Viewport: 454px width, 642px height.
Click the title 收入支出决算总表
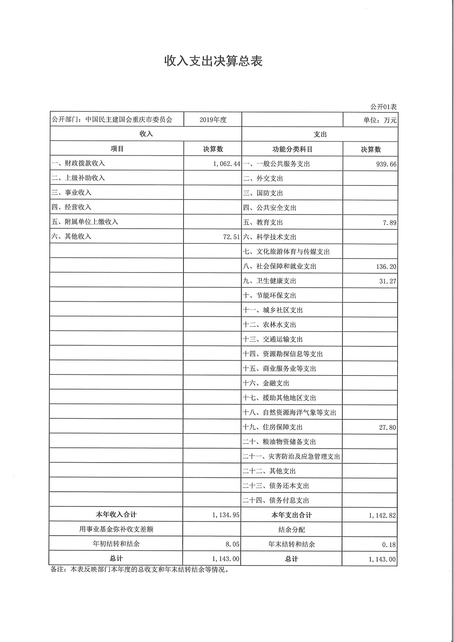point(213,61)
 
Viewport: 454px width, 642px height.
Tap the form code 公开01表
point(383,107)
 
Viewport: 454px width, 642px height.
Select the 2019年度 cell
point(213,120)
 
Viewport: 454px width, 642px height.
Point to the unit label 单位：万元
point(380,120)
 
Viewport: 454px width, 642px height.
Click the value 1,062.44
point(227,164)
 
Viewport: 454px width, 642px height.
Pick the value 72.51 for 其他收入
point(232,237)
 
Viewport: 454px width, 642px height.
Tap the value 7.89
point(389,223)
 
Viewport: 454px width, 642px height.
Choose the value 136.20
point(386,267)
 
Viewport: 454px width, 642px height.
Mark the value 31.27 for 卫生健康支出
point(387,281)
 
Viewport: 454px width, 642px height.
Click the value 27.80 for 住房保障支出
point(387,428)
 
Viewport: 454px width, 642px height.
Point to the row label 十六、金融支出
point(266,383)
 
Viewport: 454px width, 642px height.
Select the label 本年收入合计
point(116,515)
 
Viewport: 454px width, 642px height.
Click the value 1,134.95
point(226,515)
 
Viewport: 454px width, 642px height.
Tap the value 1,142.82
point(382,516)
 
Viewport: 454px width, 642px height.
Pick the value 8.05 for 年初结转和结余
point(232,544)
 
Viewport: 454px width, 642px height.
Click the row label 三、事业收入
point(72,193)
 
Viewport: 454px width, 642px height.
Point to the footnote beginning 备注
point(140,570)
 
